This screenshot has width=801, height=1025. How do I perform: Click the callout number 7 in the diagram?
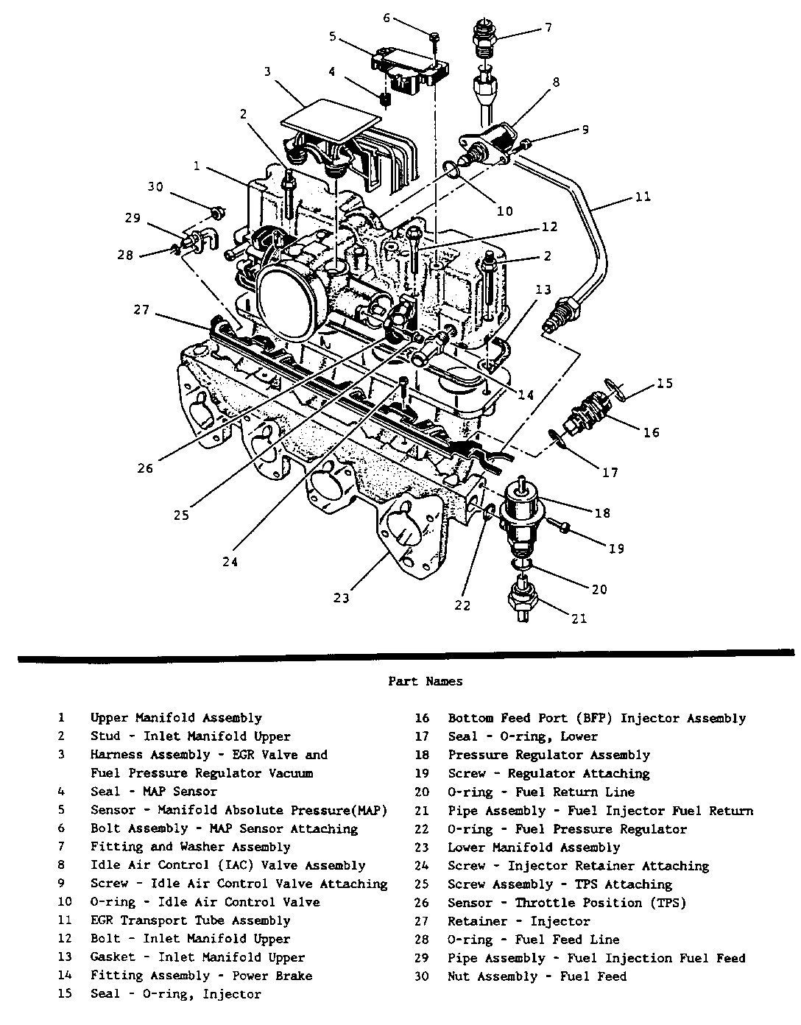[x=547, y=29]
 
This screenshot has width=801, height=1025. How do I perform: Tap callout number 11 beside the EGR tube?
[x=642, y=197]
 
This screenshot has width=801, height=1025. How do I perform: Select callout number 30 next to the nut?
[x=155, y=187]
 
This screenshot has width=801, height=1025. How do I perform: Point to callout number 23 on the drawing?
[x=341, y=597]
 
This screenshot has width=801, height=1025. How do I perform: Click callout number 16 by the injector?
[x=651, y=432]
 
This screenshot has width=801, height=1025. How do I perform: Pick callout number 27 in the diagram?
[x=141, y=311]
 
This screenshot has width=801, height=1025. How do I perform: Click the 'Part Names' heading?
[x=426, y=682]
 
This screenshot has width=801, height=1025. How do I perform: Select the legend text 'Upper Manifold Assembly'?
[x=176, y=718]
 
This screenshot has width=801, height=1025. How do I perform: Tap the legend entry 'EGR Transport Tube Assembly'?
[x=191, y=920]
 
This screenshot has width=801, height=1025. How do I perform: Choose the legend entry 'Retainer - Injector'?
[x=519, y=921]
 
